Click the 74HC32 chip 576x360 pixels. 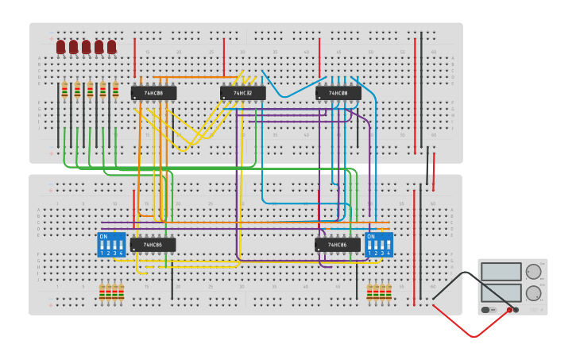(x=243, y=93)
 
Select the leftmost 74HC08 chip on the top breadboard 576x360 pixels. (x=153, y=93)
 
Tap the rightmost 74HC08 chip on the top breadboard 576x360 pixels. (x=338, y=93)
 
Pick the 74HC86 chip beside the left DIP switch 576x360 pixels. (x=153, y=245)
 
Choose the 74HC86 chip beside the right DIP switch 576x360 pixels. (x=338, y=245)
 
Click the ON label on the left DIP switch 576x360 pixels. (x=103, y=236)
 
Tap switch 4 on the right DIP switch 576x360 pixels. (x=389, y=245)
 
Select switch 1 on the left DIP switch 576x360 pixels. (x=102, y=245)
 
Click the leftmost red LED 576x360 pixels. (x=61, y=47)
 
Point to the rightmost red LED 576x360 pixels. (x=112, y=47)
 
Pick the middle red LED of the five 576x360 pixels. (x=87, y=47)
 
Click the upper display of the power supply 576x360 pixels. (x=501, y=272)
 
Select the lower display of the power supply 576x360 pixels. (x=501, y=292)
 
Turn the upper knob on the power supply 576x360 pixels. (x=533, y=272)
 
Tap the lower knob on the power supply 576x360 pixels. (x=533, y=292)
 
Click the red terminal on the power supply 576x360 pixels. (x=509, y=310)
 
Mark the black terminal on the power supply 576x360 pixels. (x=516, y=310)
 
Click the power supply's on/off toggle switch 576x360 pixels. (x=486, y=310)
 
